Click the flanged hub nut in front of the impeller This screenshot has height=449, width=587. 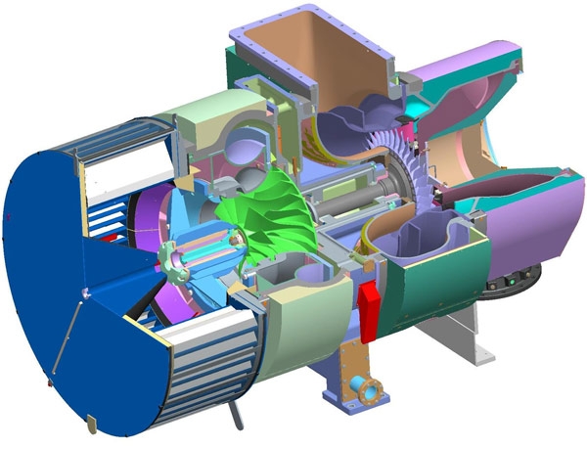(x=176, y=258)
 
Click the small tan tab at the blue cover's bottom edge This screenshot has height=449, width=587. (x=90, y=423)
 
